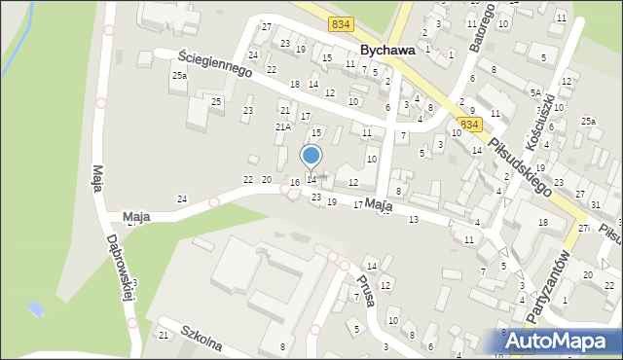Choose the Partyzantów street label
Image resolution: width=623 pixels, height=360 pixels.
[546, 282]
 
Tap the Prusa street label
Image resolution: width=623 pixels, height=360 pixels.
[361, 288]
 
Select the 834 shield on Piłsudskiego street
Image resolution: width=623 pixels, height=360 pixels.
[470, 125]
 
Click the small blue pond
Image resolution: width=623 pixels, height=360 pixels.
[36, 309]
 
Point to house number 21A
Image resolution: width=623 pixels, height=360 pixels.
[283, 126]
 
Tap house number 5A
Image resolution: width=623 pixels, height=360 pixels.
[535, 93]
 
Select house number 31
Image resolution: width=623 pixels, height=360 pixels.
[595, 205]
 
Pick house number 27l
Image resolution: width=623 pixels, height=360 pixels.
[583, 228]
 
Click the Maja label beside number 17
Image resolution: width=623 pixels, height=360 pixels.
[380, 206]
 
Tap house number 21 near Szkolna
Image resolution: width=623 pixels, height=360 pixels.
[164, 335]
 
